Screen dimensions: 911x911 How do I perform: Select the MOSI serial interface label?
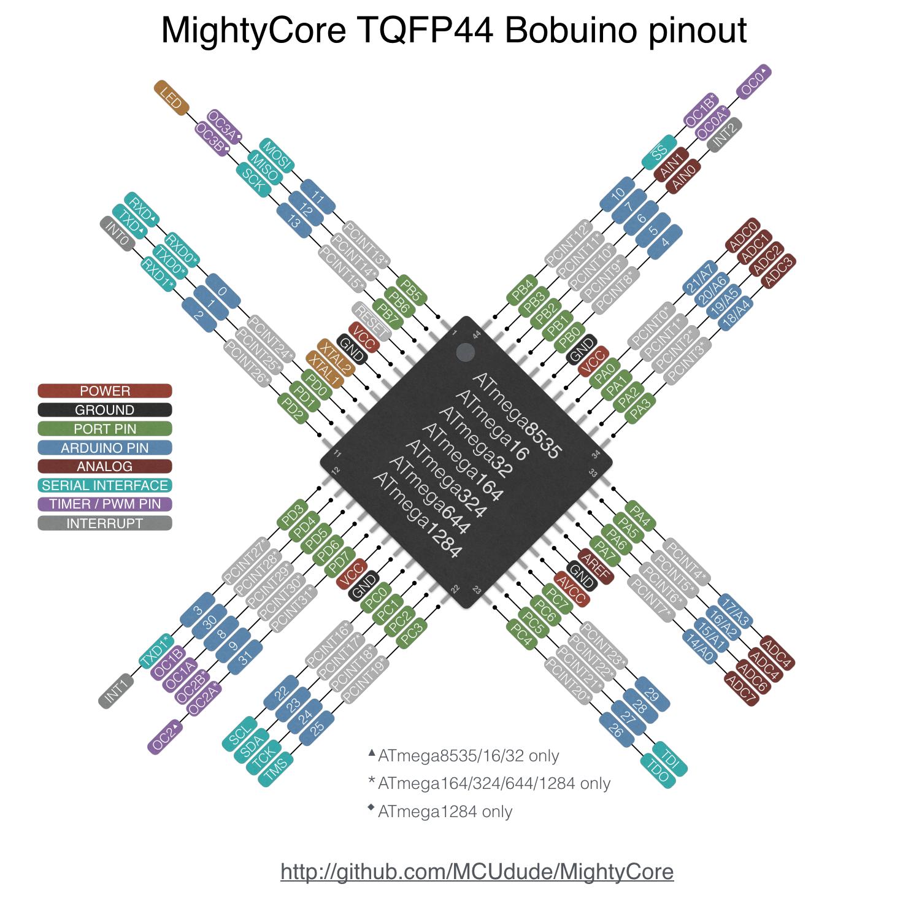pyautogui.click(x=277, y=156)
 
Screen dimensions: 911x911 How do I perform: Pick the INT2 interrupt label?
pyautogui.click(x=725, y=134)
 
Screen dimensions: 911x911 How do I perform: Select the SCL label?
pyautogui.click(x=239, y=733)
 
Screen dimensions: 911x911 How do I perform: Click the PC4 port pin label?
pyautogui.click(x=522, y=635)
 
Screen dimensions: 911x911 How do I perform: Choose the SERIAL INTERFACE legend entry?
pyautogui.click(x=105, y=485)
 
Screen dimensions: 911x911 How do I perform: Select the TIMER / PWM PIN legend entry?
pyautogui.click(x=105, y=504)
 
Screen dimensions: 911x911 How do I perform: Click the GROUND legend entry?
pyautogui.click(x=105, y=410)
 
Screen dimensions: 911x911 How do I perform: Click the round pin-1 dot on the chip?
pyautogui.click(x=466, y=352)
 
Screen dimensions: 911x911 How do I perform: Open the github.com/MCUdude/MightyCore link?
pyautogui.click(x=477, y=871)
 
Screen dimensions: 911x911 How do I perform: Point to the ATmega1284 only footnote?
pyautogui.click(x=444, y=812)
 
